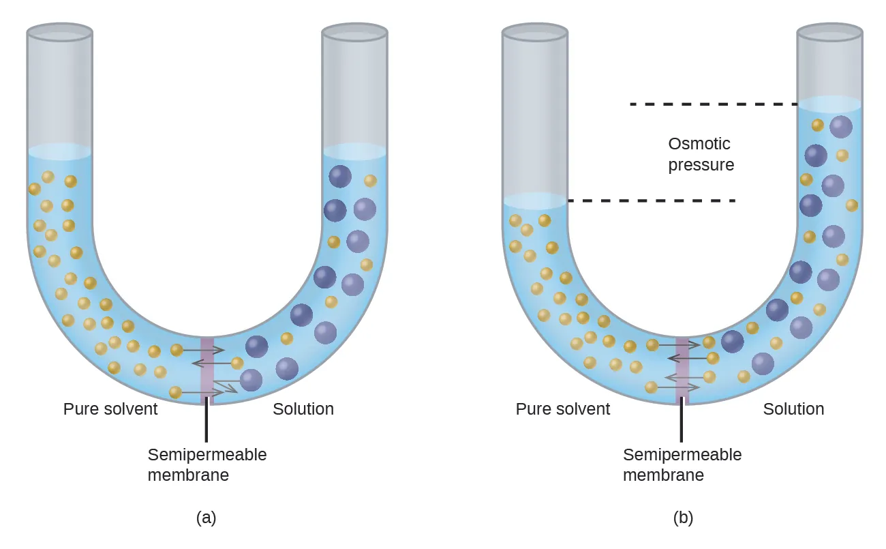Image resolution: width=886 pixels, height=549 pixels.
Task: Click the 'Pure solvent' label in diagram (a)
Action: (110, 409)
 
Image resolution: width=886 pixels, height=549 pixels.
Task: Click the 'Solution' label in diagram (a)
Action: (303, 409)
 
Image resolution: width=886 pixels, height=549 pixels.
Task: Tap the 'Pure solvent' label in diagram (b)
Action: (563, 409)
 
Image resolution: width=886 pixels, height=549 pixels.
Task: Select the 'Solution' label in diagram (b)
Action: (793, 409)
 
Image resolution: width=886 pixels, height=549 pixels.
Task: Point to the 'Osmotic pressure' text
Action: (701, 154)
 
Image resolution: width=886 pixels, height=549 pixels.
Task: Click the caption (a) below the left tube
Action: (206, 518)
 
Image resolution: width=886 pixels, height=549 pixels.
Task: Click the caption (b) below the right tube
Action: (683, 518)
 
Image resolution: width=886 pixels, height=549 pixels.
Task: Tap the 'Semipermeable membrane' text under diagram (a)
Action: (207, 464)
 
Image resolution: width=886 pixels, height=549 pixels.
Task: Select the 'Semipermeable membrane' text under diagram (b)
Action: (682, 464)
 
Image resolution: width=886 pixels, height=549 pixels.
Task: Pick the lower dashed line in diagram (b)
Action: (652, 201)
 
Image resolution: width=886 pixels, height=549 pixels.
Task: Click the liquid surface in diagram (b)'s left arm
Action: (535, 201)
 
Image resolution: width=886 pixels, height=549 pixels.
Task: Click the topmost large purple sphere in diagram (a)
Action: (340, 177)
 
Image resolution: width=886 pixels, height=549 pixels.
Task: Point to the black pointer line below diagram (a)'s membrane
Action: (207, 423)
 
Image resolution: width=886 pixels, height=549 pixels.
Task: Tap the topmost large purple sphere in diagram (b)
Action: (841, 127)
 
